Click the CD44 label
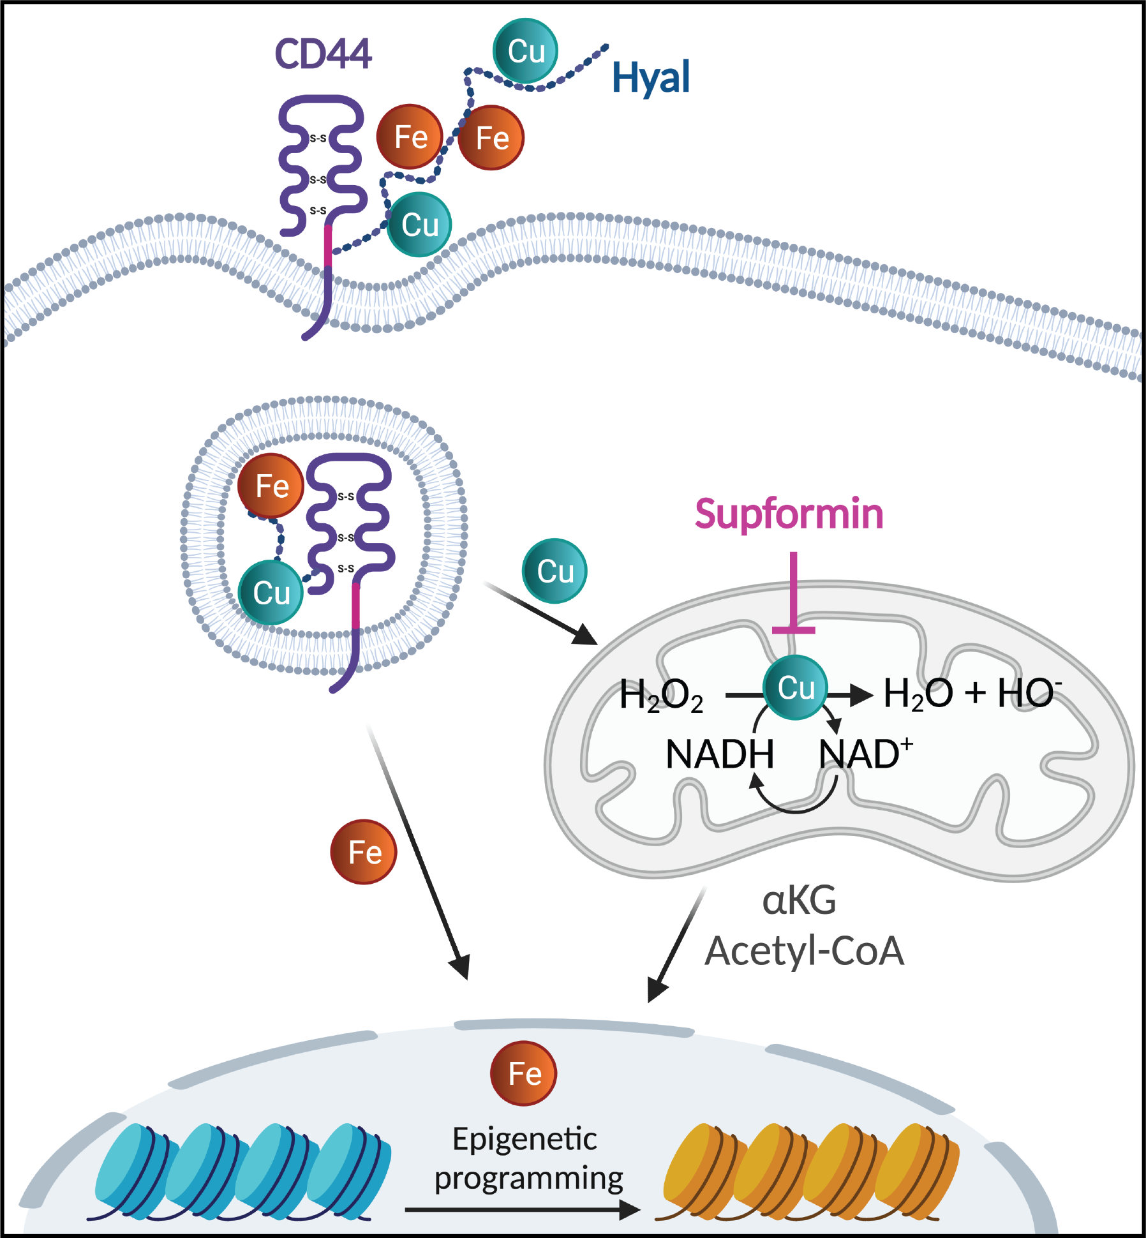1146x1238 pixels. point(323,54)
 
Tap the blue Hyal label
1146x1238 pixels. point(650,78)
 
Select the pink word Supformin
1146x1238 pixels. point(789,514)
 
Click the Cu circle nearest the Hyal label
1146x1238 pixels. point(525,50)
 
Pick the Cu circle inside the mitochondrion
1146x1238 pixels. point(795,688)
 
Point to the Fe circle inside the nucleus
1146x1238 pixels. point(523,1073)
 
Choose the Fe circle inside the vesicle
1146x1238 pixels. point(271,486)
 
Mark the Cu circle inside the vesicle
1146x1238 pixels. point(271,593)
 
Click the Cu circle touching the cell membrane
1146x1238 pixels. point(419,225)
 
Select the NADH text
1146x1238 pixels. point(719,754)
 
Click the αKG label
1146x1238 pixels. point(799,901)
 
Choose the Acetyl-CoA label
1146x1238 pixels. point(804,951)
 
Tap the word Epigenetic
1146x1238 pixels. point(525,1140)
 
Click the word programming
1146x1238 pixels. point(528,1178)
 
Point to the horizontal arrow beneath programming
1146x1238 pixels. point(522,1209)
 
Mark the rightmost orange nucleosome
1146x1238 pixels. point(922,1172)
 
